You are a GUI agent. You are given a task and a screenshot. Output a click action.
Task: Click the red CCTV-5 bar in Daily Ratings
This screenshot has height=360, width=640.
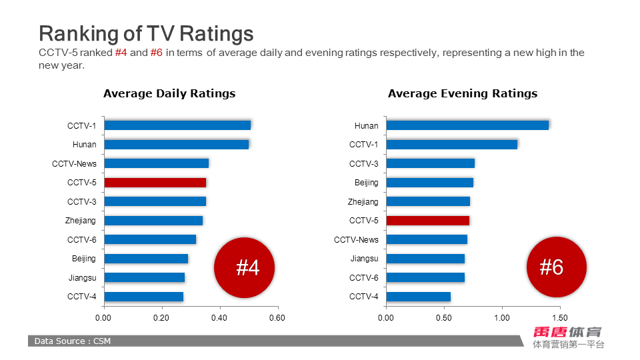(x=155, y=183)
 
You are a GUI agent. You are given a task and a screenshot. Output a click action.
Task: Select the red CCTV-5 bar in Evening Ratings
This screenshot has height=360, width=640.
(x=427, y=221)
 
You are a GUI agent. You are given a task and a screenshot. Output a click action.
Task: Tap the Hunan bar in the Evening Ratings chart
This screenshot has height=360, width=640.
(x=467, y=125)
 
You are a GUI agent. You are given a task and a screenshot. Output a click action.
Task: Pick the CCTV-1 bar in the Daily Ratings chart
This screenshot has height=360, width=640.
(x=177, y=125)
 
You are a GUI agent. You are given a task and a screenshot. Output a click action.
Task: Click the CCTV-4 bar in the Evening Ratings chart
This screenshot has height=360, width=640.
(x=418, y=297)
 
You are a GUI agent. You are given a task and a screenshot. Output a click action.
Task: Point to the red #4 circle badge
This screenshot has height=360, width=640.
(x=244, y=268)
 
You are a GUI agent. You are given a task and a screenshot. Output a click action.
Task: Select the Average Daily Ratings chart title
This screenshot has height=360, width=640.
(x=169, y=94)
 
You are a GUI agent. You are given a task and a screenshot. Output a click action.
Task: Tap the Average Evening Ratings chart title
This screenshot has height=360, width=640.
(x=463, y=94)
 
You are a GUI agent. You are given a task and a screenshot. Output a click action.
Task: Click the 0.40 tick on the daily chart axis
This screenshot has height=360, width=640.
(x=219, y=318)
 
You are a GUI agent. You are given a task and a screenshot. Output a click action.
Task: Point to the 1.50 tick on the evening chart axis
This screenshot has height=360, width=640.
(x=559, y=318)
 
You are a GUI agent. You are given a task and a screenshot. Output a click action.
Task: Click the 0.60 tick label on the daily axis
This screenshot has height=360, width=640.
(x=277, y=318)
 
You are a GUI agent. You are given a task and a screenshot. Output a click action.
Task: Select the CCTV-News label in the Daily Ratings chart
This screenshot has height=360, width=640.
(x=74, y=164)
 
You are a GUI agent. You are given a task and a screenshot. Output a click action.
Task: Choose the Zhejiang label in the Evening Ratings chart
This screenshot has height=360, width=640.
(x=363, y=202)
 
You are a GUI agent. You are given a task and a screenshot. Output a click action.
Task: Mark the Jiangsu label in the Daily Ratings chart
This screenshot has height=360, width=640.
(x=82, y=278)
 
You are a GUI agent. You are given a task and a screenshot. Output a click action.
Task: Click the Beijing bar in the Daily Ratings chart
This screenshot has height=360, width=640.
(x=146, y=259)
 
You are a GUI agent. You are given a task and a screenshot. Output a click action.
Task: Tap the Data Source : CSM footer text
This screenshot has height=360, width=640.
(x=73, y=341)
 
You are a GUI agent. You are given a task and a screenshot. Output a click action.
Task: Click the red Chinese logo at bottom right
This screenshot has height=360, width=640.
(x=567, y=331)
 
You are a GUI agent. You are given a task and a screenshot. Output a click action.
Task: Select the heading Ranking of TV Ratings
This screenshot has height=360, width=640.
(x=146, y=33)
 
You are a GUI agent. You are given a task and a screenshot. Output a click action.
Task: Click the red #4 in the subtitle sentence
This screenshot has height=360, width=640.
(x=121, y=53)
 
